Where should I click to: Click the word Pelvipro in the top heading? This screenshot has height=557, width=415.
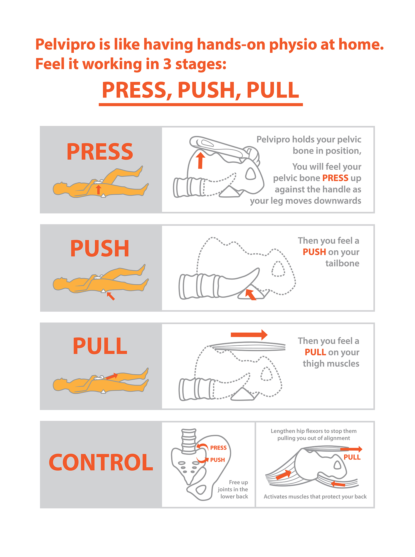(65, 45)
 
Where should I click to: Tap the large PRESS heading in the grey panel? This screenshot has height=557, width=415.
(100, 152)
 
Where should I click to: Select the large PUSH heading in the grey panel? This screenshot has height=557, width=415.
(100, 248)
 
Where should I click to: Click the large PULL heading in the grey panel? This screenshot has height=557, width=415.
(100, 346)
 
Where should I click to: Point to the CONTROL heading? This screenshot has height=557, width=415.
(101, 462)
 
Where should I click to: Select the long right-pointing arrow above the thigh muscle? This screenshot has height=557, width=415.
(249, 334)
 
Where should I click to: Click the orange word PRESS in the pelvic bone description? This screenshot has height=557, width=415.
(335, 178)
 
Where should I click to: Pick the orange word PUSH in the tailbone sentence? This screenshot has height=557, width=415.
(314, 252)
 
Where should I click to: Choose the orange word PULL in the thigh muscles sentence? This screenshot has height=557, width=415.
(315, 352)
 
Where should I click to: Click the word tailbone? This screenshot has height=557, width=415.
(342, 263)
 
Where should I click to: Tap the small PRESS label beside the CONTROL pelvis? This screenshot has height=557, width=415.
(218, 448)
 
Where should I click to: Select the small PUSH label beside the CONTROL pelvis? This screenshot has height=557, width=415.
(218, 460)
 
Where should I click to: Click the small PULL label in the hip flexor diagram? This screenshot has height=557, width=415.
(352, 457)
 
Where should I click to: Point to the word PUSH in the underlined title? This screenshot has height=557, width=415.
(206, 90)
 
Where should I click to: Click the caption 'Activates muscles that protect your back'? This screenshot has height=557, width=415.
(315, 497)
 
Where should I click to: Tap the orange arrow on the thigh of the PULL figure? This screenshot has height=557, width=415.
(112, 376)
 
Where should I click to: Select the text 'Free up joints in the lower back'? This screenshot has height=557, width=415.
(233, 489)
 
